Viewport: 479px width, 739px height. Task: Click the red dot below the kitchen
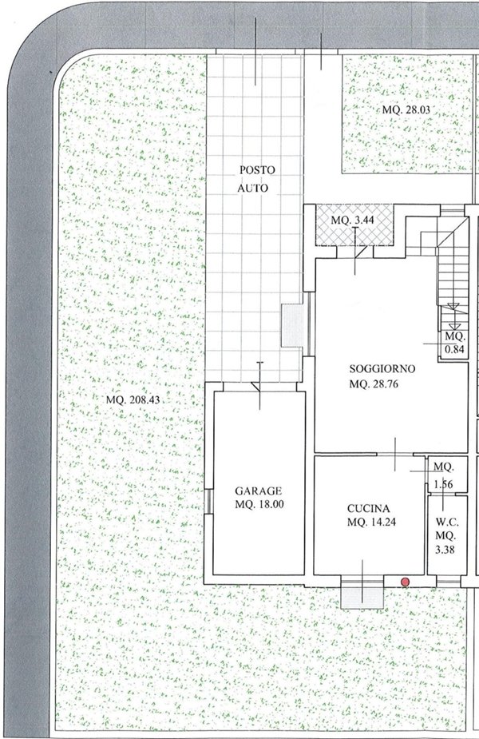click(405, 582)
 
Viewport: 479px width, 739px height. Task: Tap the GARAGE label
click(259, 491)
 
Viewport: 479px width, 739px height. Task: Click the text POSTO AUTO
click(256, 180)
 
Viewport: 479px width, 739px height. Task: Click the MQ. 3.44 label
click(354, 220)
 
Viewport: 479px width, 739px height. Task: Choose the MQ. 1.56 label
click(443, 475)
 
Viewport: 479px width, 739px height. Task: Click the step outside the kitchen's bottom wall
click(361, 594)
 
